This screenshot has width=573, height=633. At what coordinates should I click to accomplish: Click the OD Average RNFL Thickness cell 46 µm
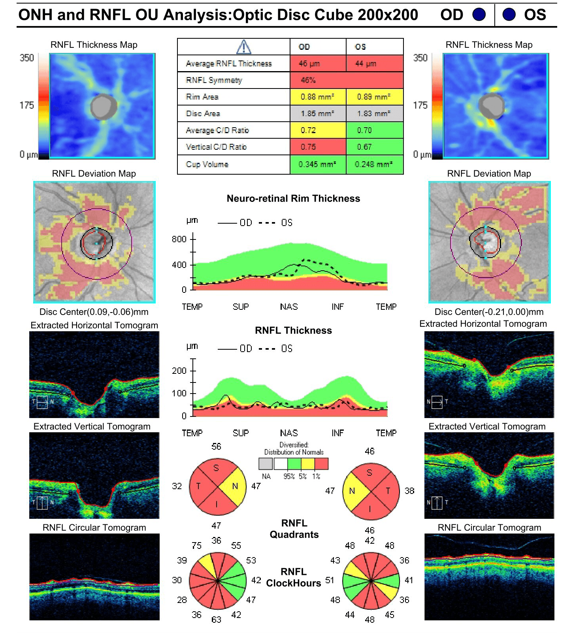tap(318, 63)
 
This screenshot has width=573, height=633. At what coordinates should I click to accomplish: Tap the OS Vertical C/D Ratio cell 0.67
tap(374, 147)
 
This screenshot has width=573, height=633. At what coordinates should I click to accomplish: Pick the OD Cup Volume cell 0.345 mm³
tap(318, 164)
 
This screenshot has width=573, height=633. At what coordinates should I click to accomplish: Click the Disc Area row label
tap(203, 113)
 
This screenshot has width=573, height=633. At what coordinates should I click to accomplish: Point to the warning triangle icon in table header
tap(243, 47)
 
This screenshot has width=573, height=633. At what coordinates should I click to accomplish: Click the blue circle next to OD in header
tap(479, 15)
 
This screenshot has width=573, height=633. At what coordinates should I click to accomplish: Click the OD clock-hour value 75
tap(196, 546)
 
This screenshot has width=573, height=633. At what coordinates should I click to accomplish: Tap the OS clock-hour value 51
tap(330, 580)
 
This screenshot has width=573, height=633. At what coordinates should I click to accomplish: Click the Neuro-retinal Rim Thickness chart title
tap(293, 198)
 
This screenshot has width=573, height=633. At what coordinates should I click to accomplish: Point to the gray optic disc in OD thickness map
tap(104, 106)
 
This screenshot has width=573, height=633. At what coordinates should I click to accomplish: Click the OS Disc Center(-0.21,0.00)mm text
tap(489, 312)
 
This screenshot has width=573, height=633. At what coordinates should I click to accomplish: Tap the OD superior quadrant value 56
tap(216, 446)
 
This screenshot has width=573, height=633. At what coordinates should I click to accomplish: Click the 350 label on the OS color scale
tap(420, 58)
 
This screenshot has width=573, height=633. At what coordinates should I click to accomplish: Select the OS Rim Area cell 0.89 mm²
tap(374, 97)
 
